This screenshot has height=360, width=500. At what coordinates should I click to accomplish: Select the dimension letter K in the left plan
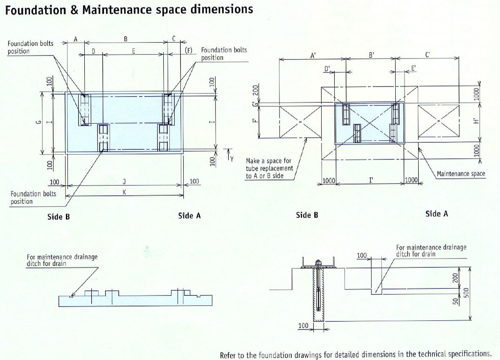[124, 192]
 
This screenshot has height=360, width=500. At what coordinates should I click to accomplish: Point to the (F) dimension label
[189, 50]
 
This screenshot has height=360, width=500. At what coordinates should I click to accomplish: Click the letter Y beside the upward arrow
[232, 159]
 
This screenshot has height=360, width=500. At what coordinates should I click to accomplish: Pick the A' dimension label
[313, 55]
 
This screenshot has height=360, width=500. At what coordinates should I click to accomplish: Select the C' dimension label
[428, 55]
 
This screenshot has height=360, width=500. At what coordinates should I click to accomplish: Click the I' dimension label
[370, 180]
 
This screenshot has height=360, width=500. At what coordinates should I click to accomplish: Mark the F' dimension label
[255, 122]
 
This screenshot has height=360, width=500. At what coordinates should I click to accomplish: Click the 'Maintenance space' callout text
[461, 174]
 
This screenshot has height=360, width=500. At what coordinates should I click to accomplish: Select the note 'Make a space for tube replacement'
[269, 164]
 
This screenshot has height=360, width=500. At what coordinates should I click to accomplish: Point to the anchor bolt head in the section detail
[318, 262]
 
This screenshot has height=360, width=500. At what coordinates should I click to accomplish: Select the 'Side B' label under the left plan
[59, 216]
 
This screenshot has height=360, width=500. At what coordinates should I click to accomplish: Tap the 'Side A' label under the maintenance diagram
[437, 214]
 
